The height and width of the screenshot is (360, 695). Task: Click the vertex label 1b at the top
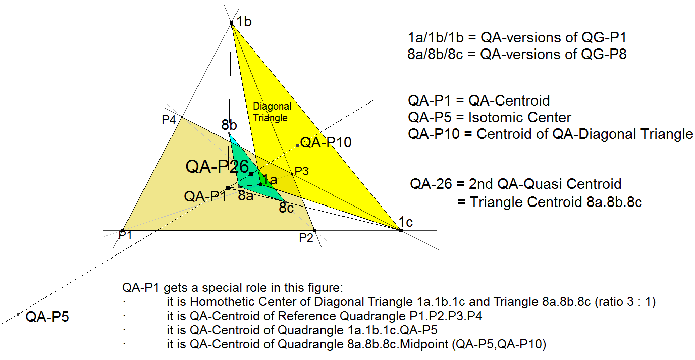click(244, 22)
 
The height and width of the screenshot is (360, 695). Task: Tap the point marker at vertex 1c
click(401, 230)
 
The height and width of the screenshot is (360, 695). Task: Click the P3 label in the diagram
click(301, 171)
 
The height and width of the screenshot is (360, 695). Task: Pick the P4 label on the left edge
click(169, 120)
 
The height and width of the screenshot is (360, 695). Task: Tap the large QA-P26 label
click(217, 166)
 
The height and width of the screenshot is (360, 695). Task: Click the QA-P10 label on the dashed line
click(326, 142)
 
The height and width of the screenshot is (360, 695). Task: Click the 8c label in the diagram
click(286, 207)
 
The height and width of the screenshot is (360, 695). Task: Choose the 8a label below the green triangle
click(246, 196)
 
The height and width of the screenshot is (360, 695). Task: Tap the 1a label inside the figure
click(270, 180)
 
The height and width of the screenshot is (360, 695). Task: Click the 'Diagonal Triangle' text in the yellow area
click(272, 112)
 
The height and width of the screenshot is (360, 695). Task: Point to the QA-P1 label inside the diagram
click(205, 196)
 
